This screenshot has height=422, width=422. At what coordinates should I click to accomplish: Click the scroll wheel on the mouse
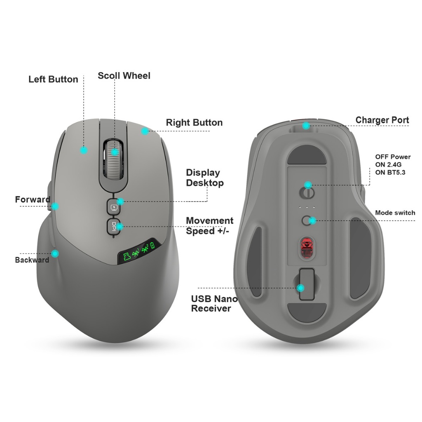113,159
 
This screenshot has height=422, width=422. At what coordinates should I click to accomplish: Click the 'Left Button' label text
53,79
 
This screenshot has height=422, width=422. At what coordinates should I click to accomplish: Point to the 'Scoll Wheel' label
124,76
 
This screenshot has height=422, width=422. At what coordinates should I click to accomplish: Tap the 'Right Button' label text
194,122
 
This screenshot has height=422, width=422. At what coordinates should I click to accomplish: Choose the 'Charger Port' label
382,120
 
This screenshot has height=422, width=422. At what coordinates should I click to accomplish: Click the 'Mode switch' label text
395,213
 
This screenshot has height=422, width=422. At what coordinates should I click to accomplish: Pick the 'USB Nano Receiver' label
214,304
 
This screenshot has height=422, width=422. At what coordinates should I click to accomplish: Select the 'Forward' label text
33,199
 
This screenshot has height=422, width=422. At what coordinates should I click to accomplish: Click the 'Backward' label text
32,260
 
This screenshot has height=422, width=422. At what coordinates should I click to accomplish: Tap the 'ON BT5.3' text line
390,172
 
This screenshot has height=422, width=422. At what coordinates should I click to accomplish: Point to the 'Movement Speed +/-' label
209,226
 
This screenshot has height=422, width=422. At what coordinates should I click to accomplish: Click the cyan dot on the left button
84,150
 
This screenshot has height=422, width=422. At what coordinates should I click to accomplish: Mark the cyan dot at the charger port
306,126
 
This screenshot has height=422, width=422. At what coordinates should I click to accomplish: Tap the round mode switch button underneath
307,220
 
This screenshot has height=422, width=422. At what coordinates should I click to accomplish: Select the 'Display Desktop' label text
205,178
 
